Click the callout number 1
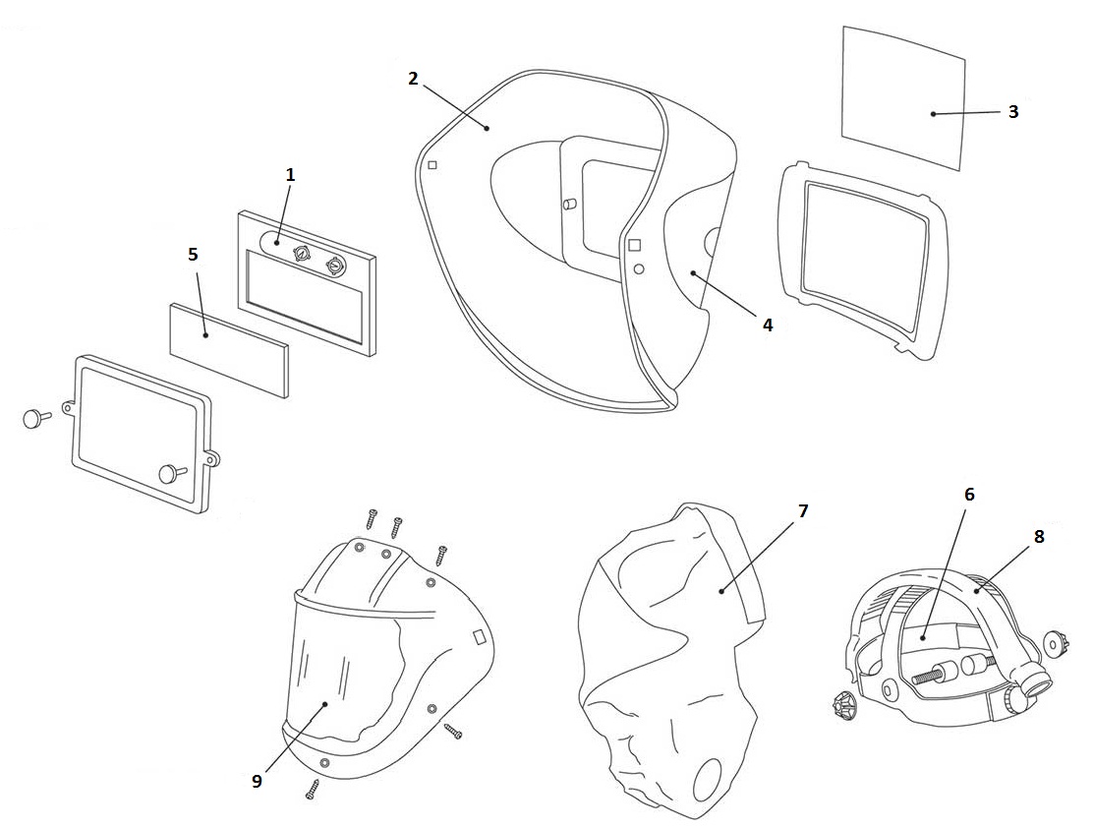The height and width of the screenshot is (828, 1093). point(290,175)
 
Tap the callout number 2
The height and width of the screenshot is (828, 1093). point(413,79)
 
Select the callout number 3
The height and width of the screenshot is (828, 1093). point(1012,111)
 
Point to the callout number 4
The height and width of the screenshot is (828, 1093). point(768,325)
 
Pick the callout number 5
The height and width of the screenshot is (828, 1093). point(193,254)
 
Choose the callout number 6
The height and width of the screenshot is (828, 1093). point(969,495)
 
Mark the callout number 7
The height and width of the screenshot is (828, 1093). point(803,511)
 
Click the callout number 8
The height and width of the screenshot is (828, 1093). point(1039,536)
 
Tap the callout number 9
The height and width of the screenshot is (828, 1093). point(258,781)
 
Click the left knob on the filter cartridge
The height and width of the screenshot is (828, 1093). point(302,254)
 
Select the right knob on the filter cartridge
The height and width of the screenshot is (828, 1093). point(335,266)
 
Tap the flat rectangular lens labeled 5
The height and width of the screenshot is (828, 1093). point(229,350)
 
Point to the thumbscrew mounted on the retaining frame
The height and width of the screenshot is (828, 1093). point(171,473)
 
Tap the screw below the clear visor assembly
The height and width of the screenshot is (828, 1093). point(311,789)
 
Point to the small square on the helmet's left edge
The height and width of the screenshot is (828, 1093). point(432,165)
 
